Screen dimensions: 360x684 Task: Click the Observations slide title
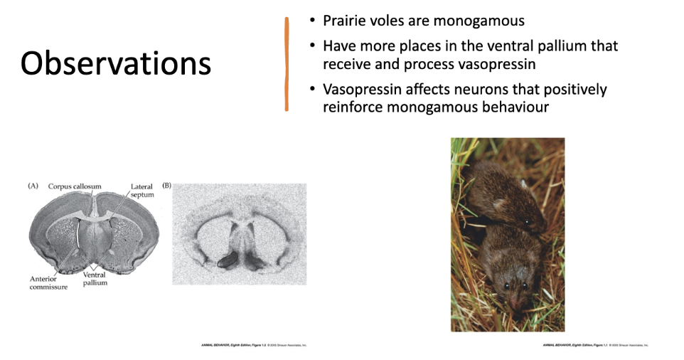116,64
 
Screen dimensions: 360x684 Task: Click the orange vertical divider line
287,64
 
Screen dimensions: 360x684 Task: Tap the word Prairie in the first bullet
345,21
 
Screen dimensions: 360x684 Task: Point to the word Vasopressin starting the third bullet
362,90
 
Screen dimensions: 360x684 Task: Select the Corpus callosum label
75,186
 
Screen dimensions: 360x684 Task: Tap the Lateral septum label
141,190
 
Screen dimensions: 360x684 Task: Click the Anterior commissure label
48,282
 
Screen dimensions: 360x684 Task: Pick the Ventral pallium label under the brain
95,278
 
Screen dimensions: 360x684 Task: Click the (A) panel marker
33,186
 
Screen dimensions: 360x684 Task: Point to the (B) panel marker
166,186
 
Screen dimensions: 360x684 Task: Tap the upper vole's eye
526,222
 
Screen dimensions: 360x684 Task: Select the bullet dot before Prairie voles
312,21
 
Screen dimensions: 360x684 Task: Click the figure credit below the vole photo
596,345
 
